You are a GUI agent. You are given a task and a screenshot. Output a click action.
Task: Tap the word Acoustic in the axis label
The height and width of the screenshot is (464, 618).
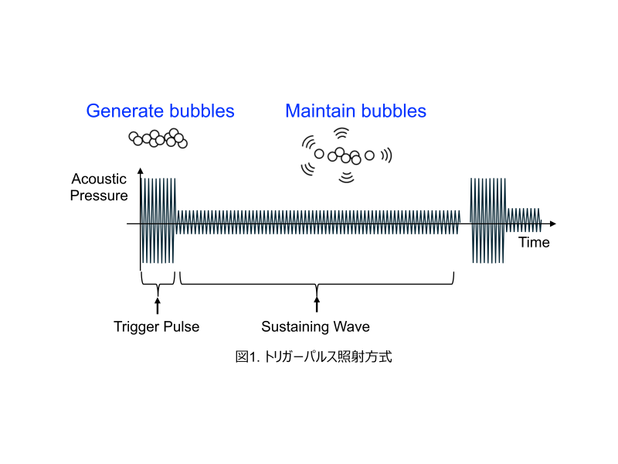tap(99, 179)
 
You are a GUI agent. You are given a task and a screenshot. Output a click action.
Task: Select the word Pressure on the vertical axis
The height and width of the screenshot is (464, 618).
tap(99, 196)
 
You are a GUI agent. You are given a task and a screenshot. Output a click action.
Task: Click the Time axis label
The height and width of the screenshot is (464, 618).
tap(534, 243)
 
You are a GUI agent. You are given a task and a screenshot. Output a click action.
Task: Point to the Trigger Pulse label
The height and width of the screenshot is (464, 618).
tap(156, 326)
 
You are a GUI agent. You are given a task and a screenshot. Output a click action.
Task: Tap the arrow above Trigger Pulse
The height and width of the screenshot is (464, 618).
tap(158, 304)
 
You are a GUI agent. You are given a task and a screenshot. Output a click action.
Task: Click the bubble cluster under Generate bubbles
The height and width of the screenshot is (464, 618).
tap(158, 138)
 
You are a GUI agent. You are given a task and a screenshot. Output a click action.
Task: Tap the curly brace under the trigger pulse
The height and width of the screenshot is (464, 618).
tap(158, 281)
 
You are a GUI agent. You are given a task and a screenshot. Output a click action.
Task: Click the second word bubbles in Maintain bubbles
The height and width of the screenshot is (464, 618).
tap(394, 111)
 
